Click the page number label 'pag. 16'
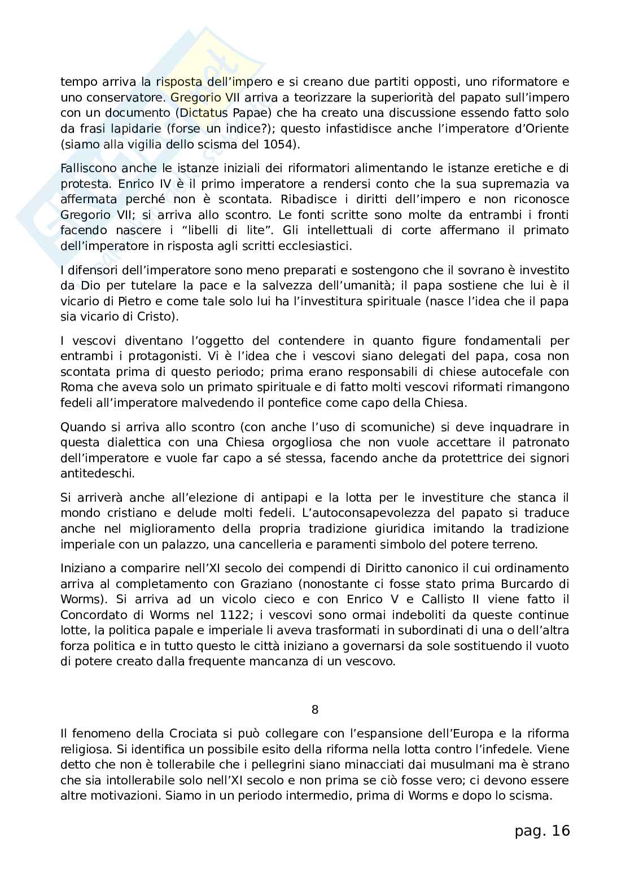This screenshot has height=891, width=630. pyautogui.click(x=542, y=831)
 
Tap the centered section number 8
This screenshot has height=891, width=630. pyautogui.click(x=315, y=709)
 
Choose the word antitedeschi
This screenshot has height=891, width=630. pyautogui.click(x=98, y=473)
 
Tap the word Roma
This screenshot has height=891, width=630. pyautogui.click(x=74, y=387)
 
